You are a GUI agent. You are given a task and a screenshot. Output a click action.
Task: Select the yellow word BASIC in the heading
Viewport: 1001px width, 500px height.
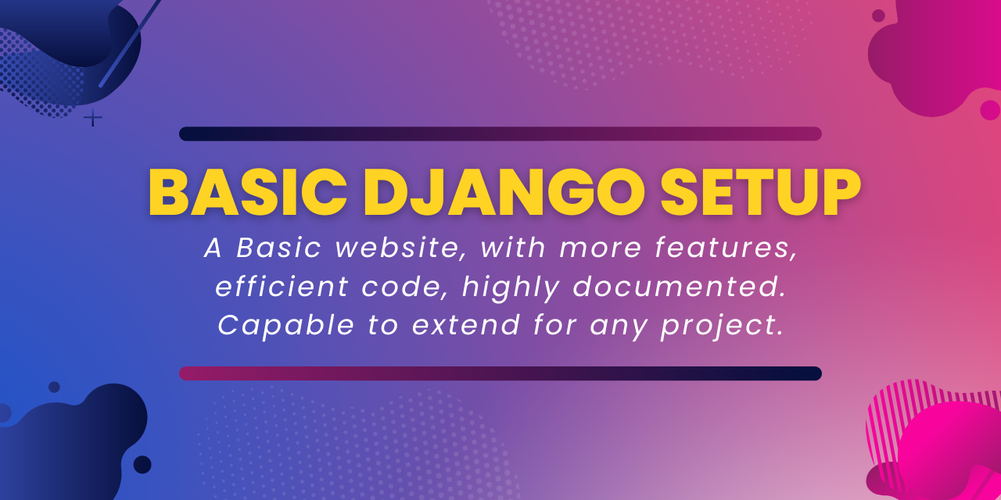pyautogui.click(x=248, y=192)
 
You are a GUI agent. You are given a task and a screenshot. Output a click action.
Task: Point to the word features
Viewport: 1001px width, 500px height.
pyautogui.click(x=727, y=248)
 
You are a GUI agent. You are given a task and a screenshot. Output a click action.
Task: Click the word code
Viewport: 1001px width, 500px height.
pyautogui.click(x=402, y=286)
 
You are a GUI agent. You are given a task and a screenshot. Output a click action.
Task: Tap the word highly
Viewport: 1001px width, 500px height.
pyautogui.click(x=511, y=287)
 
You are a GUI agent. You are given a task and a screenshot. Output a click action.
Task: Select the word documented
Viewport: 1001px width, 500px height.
pyautogui.click(x=680, y=286)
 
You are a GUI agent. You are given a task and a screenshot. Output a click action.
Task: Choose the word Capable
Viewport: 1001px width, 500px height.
pyautogui.click(x=286, y=326)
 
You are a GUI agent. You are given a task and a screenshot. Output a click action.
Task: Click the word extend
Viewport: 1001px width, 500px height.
pyautogui.click(x=466, y=324)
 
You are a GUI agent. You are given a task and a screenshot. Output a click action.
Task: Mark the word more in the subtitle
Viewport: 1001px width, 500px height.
pyautogui.click(x=601, y=249)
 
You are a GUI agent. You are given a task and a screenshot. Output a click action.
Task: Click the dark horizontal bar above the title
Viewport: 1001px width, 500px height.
pyautogui.click(x=500, y=134)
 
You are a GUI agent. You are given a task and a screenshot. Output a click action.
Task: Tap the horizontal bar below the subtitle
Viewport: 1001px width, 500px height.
pyautogui.click(x=500, y=373)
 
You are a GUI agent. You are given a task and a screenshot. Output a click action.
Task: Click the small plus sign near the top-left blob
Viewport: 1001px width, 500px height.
pyautogui.click(x=93, y=118)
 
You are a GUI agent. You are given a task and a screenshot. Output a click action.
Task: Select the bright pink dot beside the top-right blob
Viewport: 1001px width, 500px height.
pyautogui.click(x=990, y=110)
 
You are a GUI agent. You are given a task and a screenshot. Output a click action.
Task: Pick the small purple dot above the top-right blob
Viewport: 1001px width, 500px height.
pyautogui.click(x=878, y=16)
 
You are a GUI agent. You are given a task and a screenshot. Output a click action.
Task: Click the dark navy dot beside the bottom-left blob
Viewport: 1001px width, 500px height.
pyautogui.click(x=142, y=465)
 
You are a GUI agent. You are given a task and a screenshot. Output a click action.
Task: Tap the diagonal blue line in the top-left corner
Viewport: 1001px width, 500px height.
pyautogui.click(x=130, y=43)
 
